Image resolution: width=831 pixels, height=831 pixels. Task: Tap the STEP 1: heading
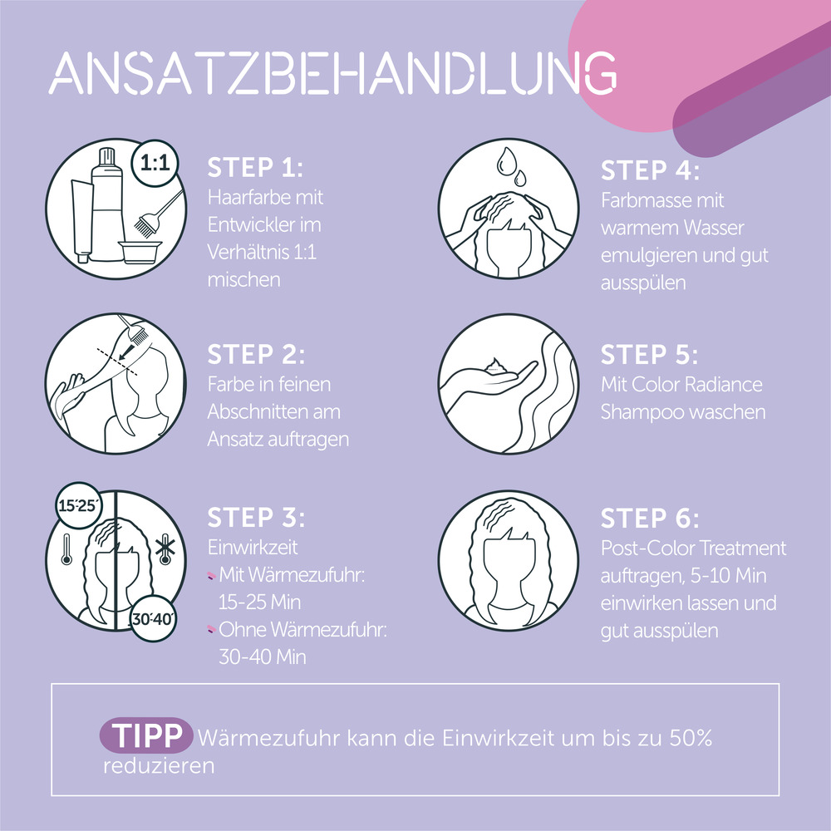click(x=255, y=168)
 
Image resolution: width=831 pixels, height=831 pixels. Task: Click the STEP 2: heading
click(x=256, y=355)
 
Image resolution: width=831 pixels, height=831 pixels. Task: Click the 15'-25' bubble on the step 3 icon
click(x=77, y=506)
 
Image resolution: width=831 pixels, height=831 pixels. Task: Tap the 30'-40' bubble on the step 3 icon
click(x=150, y=618)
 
